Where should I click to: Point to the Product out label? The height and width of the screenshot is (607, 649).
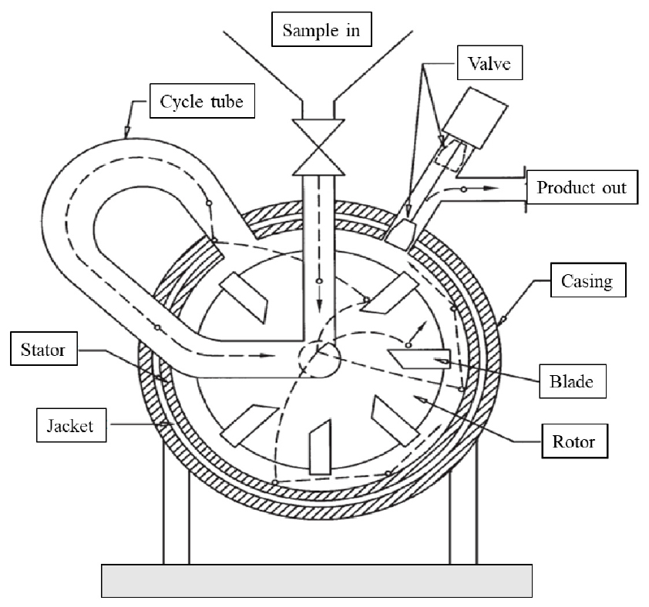click(x=583, y=188)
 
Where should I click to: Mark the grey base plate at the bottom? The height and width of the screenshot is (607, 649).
click(x=317, y=580)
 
